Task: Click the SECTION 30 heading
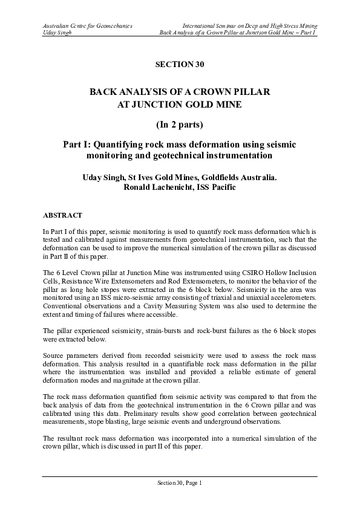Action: (180, 63)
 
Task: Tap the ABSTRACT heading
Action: (63, 215)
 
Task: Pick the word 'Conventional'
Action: (63, 305)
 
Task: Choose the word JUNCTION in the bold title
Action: (158, 105)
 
